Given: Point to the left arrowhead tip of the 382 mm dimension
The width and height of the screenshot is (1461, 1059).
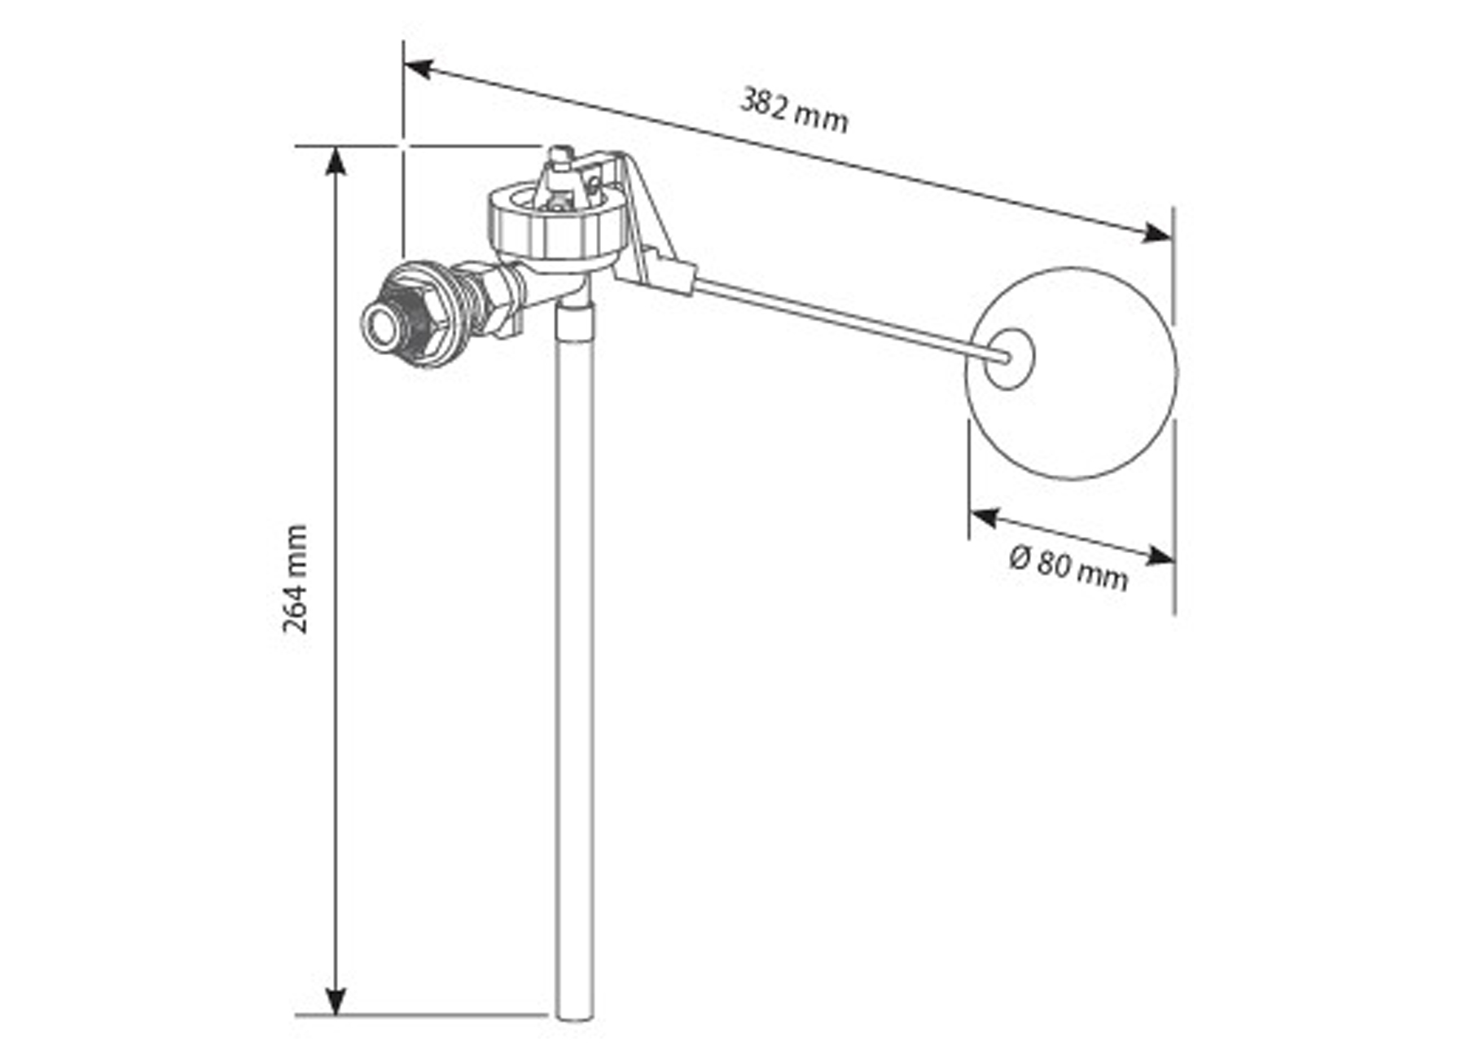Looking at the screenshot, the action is click(x=404, y=63).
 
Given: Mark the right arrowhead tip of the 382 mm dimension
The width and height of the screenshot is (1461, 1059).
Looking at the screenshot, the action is click(x=1172, y=239).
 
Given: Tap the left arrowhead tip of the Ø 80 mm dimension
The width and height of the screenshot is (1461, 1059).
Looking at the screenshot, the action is click(x=970, y=513).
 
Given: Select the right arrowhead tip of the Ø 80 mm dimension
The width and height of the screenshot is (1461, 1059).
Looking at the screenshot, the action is click(x=1174, y=561).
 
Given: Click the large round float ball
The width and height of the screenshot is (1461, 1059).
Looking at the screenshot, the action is click(x=1071, y=372).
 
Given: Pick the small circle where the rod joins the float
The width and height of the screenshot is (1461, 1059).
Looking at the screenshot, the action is click(x=1009, y=358).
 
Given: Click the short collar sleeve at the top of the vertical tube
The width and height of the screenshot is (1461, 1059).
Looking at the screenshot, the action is click(x=576, y=322).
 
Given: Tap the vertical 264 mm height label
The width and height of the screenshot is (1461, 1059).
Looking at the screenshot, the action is click(x=295, y=579).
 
